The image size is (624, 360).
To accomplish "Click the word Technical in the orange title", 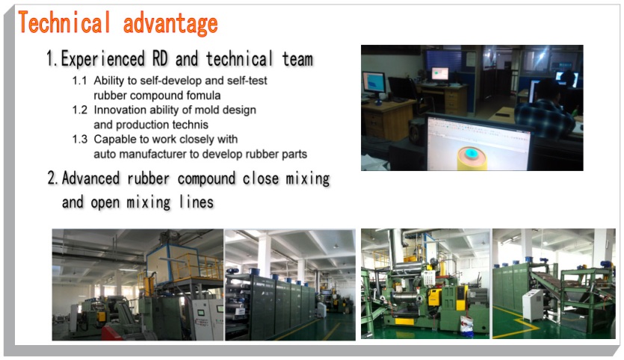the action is [64, 22].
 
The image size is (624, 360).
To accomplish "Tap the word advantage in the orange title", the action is [170, 24].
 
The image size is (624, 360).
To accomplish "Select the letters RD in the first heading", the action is [160, 59].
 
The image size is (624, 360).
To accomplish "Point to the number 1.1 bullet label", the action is [79, 81].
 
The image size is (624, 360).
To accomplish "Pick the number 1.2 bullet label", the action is [80, 110].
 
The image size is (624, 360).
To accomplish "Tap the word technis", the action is [189, 125].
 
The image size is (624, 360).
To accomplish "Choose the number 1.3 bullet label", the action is [80, 139].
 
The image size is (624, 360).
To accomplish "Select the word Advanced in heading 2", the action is [90, 179].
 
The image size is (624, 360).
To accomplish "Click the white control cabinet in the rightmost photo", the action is [533, 305].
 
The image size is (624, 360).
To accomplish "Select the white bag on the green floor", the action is [466, 326].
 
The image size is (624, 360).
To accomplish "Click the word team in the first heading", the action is [297, 59].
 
